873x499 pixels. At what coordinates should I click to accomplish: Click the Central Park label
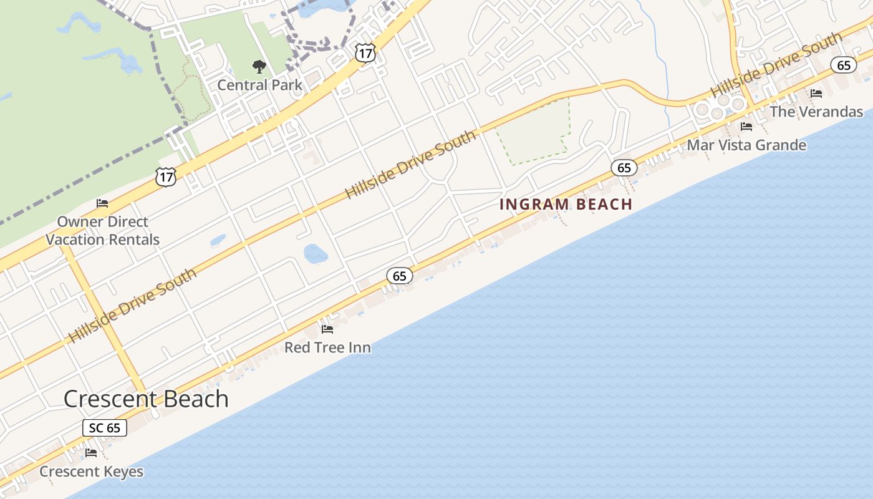(259, 85)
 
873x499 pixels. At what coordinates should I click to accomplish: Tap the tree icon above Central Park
(259, 67)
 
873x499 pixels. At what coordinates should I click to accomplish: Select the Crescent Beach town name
(146, 399)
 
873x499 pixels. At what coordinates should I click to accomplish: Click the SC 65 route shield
(105, 428)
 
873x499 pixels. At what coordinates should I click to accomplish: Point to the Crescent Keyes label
(91, 472)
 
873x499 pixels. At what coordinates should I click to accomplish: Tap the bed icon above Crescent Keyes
(91, 453)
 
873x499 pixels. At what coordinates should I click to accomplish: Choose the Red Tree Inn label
(327, 347)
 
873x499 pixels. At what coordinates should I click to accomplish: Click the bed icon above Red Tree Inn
(327, 329)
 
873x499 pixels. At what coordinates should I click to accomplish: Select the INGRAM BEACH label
(566, 204)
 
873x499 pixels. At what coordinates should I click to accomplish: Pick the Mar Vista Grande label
(746, 145)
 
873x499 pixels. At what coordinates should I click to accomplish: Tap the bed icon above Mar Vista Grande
(746, 127)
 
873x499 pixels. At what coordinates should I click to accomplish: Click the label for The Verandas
(816, 112)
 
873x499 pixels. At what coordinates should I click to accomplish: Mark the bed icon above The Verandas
(816, 94)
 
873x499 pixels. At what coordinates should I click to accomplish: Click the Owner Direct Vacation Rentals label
(102, 231)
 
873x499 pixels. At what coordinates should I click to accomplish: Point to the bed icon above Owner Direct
(102, 203)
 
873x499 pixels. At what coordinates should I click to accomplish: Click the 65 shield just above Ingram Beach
(624, 167)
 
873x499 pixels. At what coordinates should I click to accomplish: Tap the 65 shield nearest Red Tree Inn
(400, 276)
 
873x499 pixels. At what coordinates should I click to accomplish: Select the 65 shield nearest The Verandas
(844, 65)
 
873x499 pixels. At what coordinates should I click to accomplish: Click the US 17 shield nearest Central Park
(365, 53)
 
